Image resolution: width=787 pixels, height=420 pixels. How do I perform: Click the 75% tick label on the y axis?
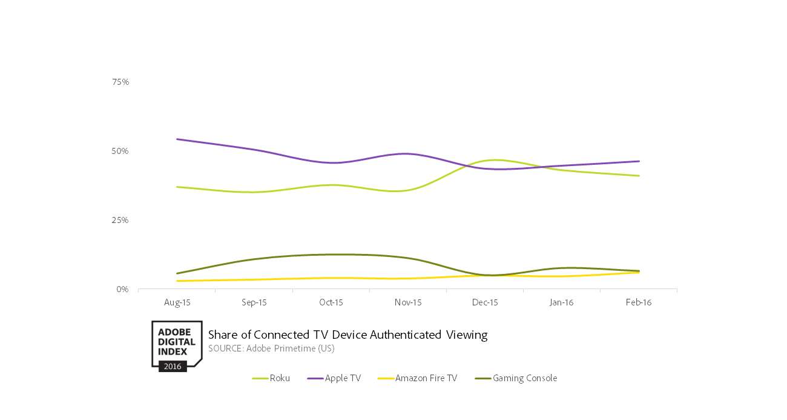120,82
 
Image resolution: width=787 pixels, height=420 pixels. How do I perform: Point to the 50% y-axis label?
120,151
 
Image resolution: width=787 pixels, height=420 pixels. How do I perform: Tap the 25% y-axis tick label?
120,220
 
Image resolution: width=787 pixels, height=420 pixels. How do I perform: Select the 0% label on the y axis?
122,289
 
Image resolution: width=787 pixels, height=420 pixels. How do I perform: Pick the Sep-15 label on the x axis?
254,302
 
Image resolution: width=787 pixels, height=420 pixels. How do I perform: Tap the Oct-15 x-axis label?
331,302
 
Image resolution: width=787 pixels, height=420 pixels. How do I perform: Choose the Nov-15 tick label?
407,302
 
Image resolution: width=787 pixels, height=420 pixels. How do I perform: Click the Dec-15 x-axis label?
485,302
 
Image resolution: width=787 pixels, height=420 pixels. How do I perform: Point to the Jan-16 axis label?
561,302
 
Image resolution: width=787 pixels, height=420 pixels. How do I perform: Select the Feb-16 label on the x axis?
639,302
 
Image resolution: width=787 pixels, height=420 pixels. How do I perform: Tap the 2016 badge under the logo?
173,366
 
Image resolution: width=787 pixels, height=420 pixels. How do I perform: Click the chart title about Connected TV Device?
347,335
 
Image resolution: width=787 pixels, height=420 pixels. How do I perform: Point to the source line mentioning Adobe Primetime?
271,348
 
